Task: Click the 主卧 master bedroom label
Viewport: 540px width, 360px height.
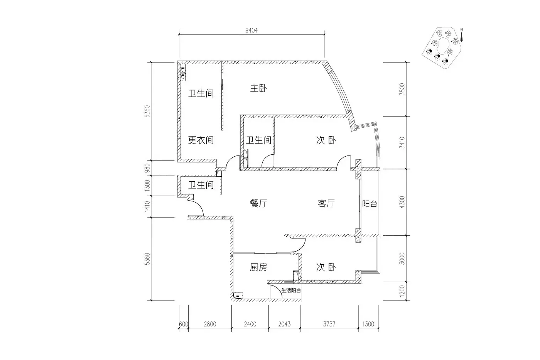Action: pyautogui.click(x=258, y=88)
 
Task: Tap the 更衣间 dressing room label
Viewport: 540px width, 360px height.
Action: pyautogui.click(x=201, y=140)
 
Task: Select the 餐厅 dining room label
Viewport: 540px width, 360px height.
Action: pyautogui.click(x=258, y=203)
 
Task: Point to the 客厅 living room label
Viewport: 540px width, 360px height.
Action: pyautogui.click(x=326, y=203)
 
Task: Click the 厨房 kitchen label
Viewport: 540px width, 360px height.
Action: pyautogui.click(x=258, y=267)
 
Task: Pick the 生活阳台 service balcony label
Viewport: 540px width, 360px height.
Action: pyautogui.click(x=291, y=291)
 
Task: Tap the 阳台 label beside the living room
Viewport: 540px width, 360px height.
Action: pyautogui.click(x=370, y=204)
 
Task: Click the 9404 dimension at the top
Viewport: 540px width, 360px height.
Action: pyautogui.click(x=251, y=30)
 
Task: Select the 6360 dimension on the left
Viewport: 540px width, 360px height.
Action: pyautogui.click(x=147, y=112)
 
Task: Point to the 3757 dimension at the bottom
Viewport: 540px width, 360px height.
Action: pyautogui.click(x=329, y=324)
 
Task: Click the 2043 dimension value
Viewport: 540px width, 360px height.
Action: pyautogui.click(x=285, y=324)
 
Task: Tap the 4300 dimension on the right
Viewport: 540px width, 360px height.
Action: pyautogui.click(x=402, y=202)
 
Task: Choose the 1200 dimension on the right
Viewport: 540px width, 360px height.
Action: pyautogui.click(x=402, y=291)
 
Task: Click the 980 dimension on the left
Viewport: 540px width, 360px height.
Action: pyautogui.click(x=147, y=168)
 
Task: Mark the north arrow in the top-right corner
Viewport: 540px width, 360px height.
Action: pyautogui.click(x=462, y=35)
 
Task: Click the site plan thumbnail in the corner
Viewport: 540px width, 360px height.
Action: pyautogui.click(x=442, y=48)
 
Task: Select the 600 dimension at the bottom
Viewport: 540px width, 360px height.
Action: pyautogui.click(x=184, y=324)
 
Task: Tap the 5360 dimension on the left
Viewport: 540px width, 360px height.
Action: pyautogui.click(x=147, y=259)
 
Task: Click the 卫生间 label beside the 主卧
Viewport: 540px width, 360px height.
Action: pyautogui.click(x=201, y=93)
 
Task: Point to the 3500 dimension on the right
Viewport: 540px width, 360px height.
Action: pyautogui.click(x=402, y=89)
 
